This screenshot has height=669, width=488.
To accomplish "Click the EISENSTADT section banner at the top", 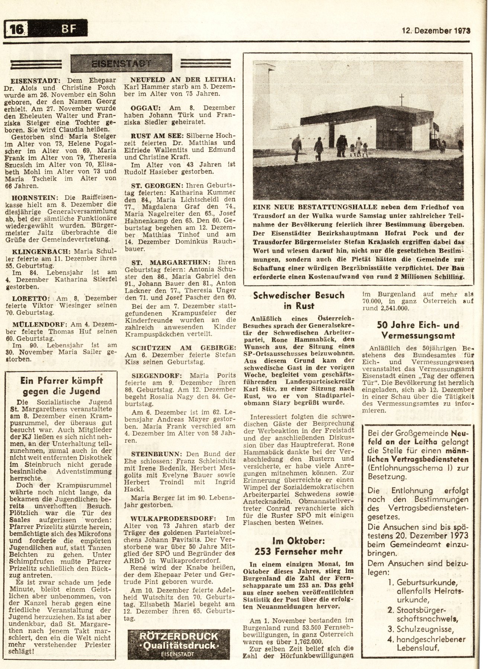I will pos(121,62).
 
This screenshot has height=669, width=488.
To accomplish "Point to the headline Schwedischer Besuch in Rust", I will pos(298,300).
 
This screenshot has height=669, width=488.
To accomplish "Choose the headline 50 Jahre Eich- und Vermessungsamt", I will pos(418,330).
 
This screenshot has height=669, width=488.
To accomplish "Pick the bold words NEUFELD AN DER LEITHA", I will pos(182,79).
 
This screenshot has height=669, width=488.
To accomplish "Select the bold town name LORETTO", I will pos(31,298).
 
